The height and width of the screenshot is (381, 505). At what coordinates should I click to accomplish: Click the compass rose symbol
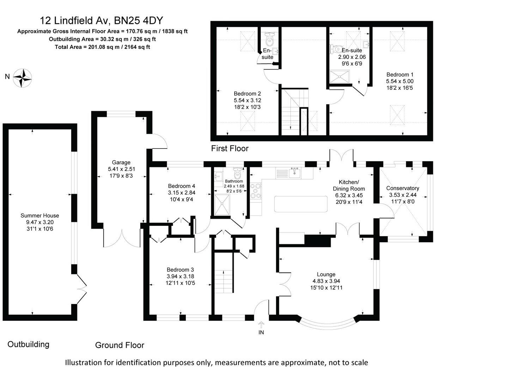click(23, 78)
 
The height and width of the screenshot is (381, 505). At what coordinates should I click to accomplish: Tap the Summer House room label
click(40, 216)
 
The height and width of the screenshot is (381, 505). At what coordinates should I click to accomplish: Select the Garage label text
click(121, 163)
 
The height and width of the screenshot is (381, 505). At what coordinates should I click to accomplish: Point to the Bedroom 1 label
click(400, 74)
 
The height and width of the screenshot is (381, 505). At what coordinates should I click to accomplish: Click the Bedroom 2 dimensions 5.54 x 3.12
click(247, 100)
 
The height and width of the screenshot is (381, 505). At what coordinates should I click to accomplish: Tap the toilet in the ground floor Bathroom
click(238, 174)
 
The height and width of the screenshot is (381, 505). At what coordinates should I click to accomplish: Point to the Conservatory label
click(402, 188)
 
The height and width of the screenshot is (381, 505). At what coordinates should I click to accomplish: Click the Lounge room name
click(326, 274)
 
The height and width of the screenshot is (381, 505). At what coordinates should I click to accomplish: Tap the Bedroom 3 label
click(180, 270)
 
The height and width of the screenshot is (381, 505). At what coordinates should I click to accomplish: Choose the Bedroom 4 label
click(181, 186)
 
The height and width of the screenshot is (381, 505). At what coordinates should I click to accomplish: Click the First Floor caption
click(230, 149)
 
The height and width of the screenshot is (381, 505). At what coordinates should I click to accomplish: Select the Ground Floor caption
click(120, 345)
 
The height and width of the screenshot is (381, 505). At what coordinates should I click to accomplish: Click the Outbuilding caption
click(28, 344)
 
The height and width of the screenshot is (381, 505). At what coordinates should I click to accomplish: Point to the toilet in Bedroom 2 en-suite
click(270, 40)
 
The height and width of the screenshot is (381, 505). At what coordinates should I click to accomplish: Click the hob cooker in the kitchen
click(256, 191)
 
